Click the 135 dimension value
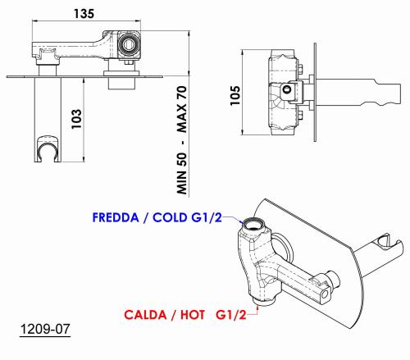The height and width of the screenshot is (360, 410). coord(84,13)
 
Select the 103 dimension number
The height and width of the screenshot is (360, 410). coord(76,119)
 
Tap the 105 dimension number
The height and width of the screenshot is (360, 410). coord(235,95)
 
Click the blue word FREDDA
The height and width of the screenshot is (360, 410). coord(116,217)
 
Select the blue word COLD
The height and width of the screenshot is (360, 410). coord(171,217)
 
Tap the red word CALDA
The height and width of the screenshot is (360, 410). coord(145,315)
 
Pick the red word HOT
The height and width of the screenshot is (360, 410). coord(193,315)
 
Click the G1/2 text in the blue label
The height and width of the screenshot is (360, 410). coord(207,217)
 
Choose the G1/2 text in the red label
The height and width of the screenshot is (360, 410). coord(231,315)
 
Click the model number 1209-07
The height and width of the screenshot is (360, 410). coord(45,329)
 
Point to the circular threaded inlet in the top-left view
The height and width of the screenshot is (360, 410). coord(129,43)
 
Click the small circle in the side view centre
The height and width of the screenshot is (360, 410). coord(287,89)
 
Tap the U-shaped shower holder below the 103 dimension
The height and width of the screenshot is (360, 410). coord(48,148)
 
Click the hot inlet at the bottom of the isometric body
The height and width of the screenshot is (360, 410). coord(264,301)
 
